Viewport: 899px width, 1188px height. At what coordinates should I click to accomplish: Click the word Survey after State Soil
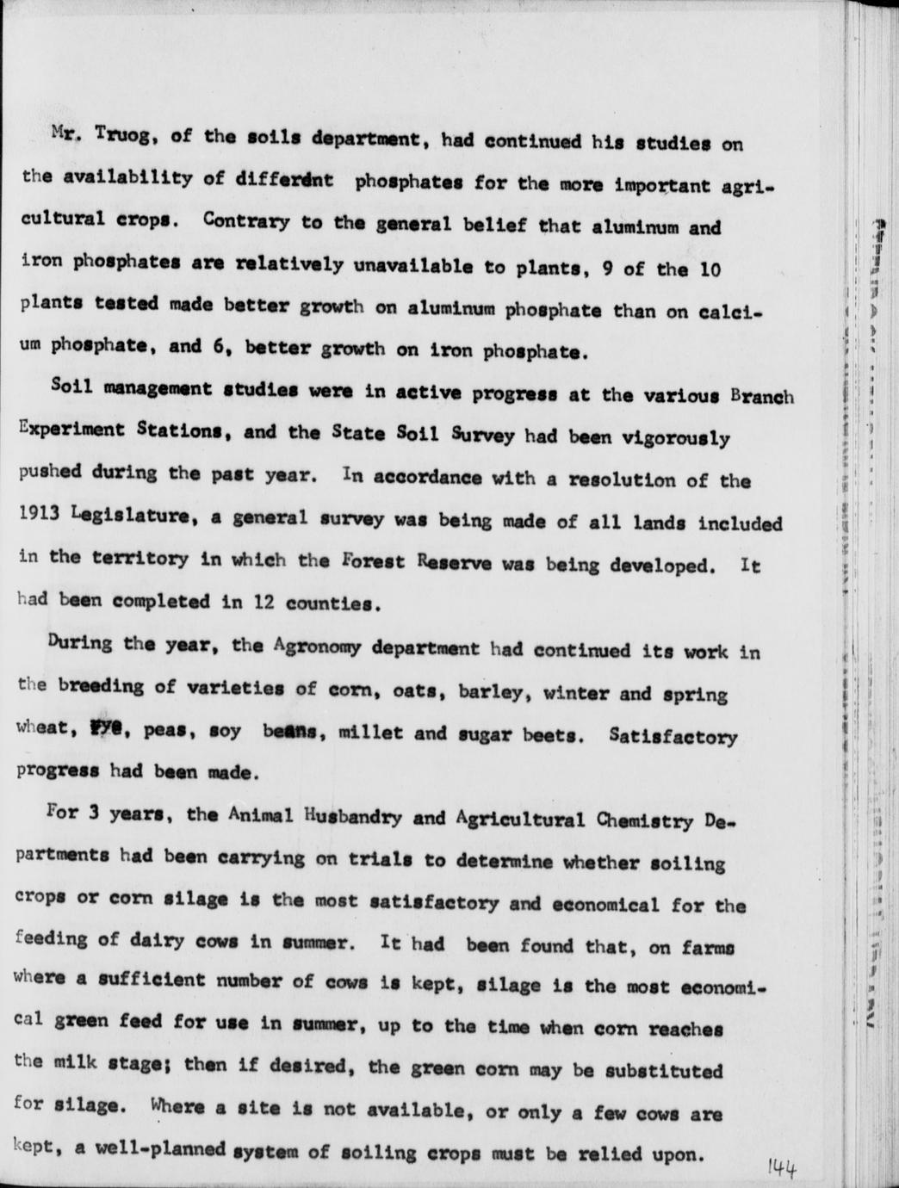click(x=482, y=435)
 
